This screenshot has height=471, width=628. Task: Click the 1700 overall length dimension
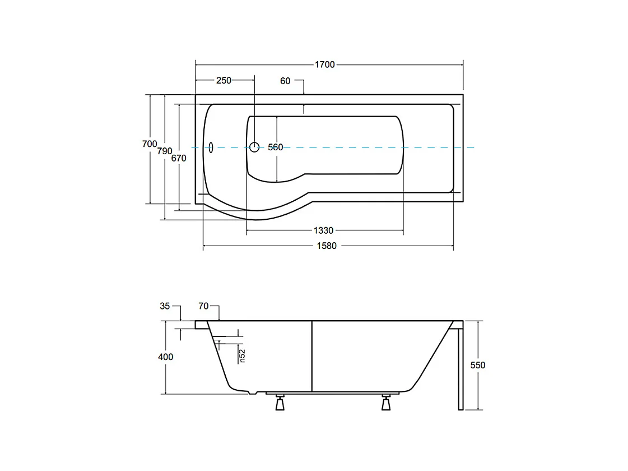point(324,64)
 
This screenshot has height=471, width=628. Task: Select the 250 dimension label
point(224,80)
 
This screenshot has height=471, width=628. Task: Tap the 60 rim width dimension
point(285,81)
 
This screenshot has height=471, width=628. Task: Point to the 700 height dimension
point(150,144)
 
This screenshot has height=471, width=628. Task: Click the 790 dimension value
point(164,151)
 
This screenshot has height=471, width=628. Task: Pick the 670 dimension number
point(179,158)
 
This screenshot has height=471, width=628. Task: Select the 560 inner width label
point(276,147)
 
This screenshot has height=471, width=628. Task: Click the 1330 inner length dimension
point(323,230)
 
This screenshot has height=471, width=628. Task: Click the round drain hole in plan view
point(254,147)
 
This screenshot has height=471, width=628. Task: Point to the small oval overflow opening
point(211,147)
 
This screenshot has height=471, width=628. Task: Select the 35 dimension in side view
point(165,306)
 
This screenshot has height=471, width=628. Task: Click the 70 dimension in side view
point(203,306)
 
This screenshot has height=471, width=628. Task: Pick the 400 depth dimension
point(166,357)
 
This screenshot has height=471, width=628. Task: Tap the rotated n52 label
point(242,355)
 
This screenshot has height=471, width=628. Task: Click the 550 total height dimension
point(478,365)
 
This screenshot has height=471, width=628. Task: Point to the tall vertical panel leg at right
point(460,367)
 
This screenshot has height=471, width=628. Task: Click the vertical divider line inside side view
point(311,355)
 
